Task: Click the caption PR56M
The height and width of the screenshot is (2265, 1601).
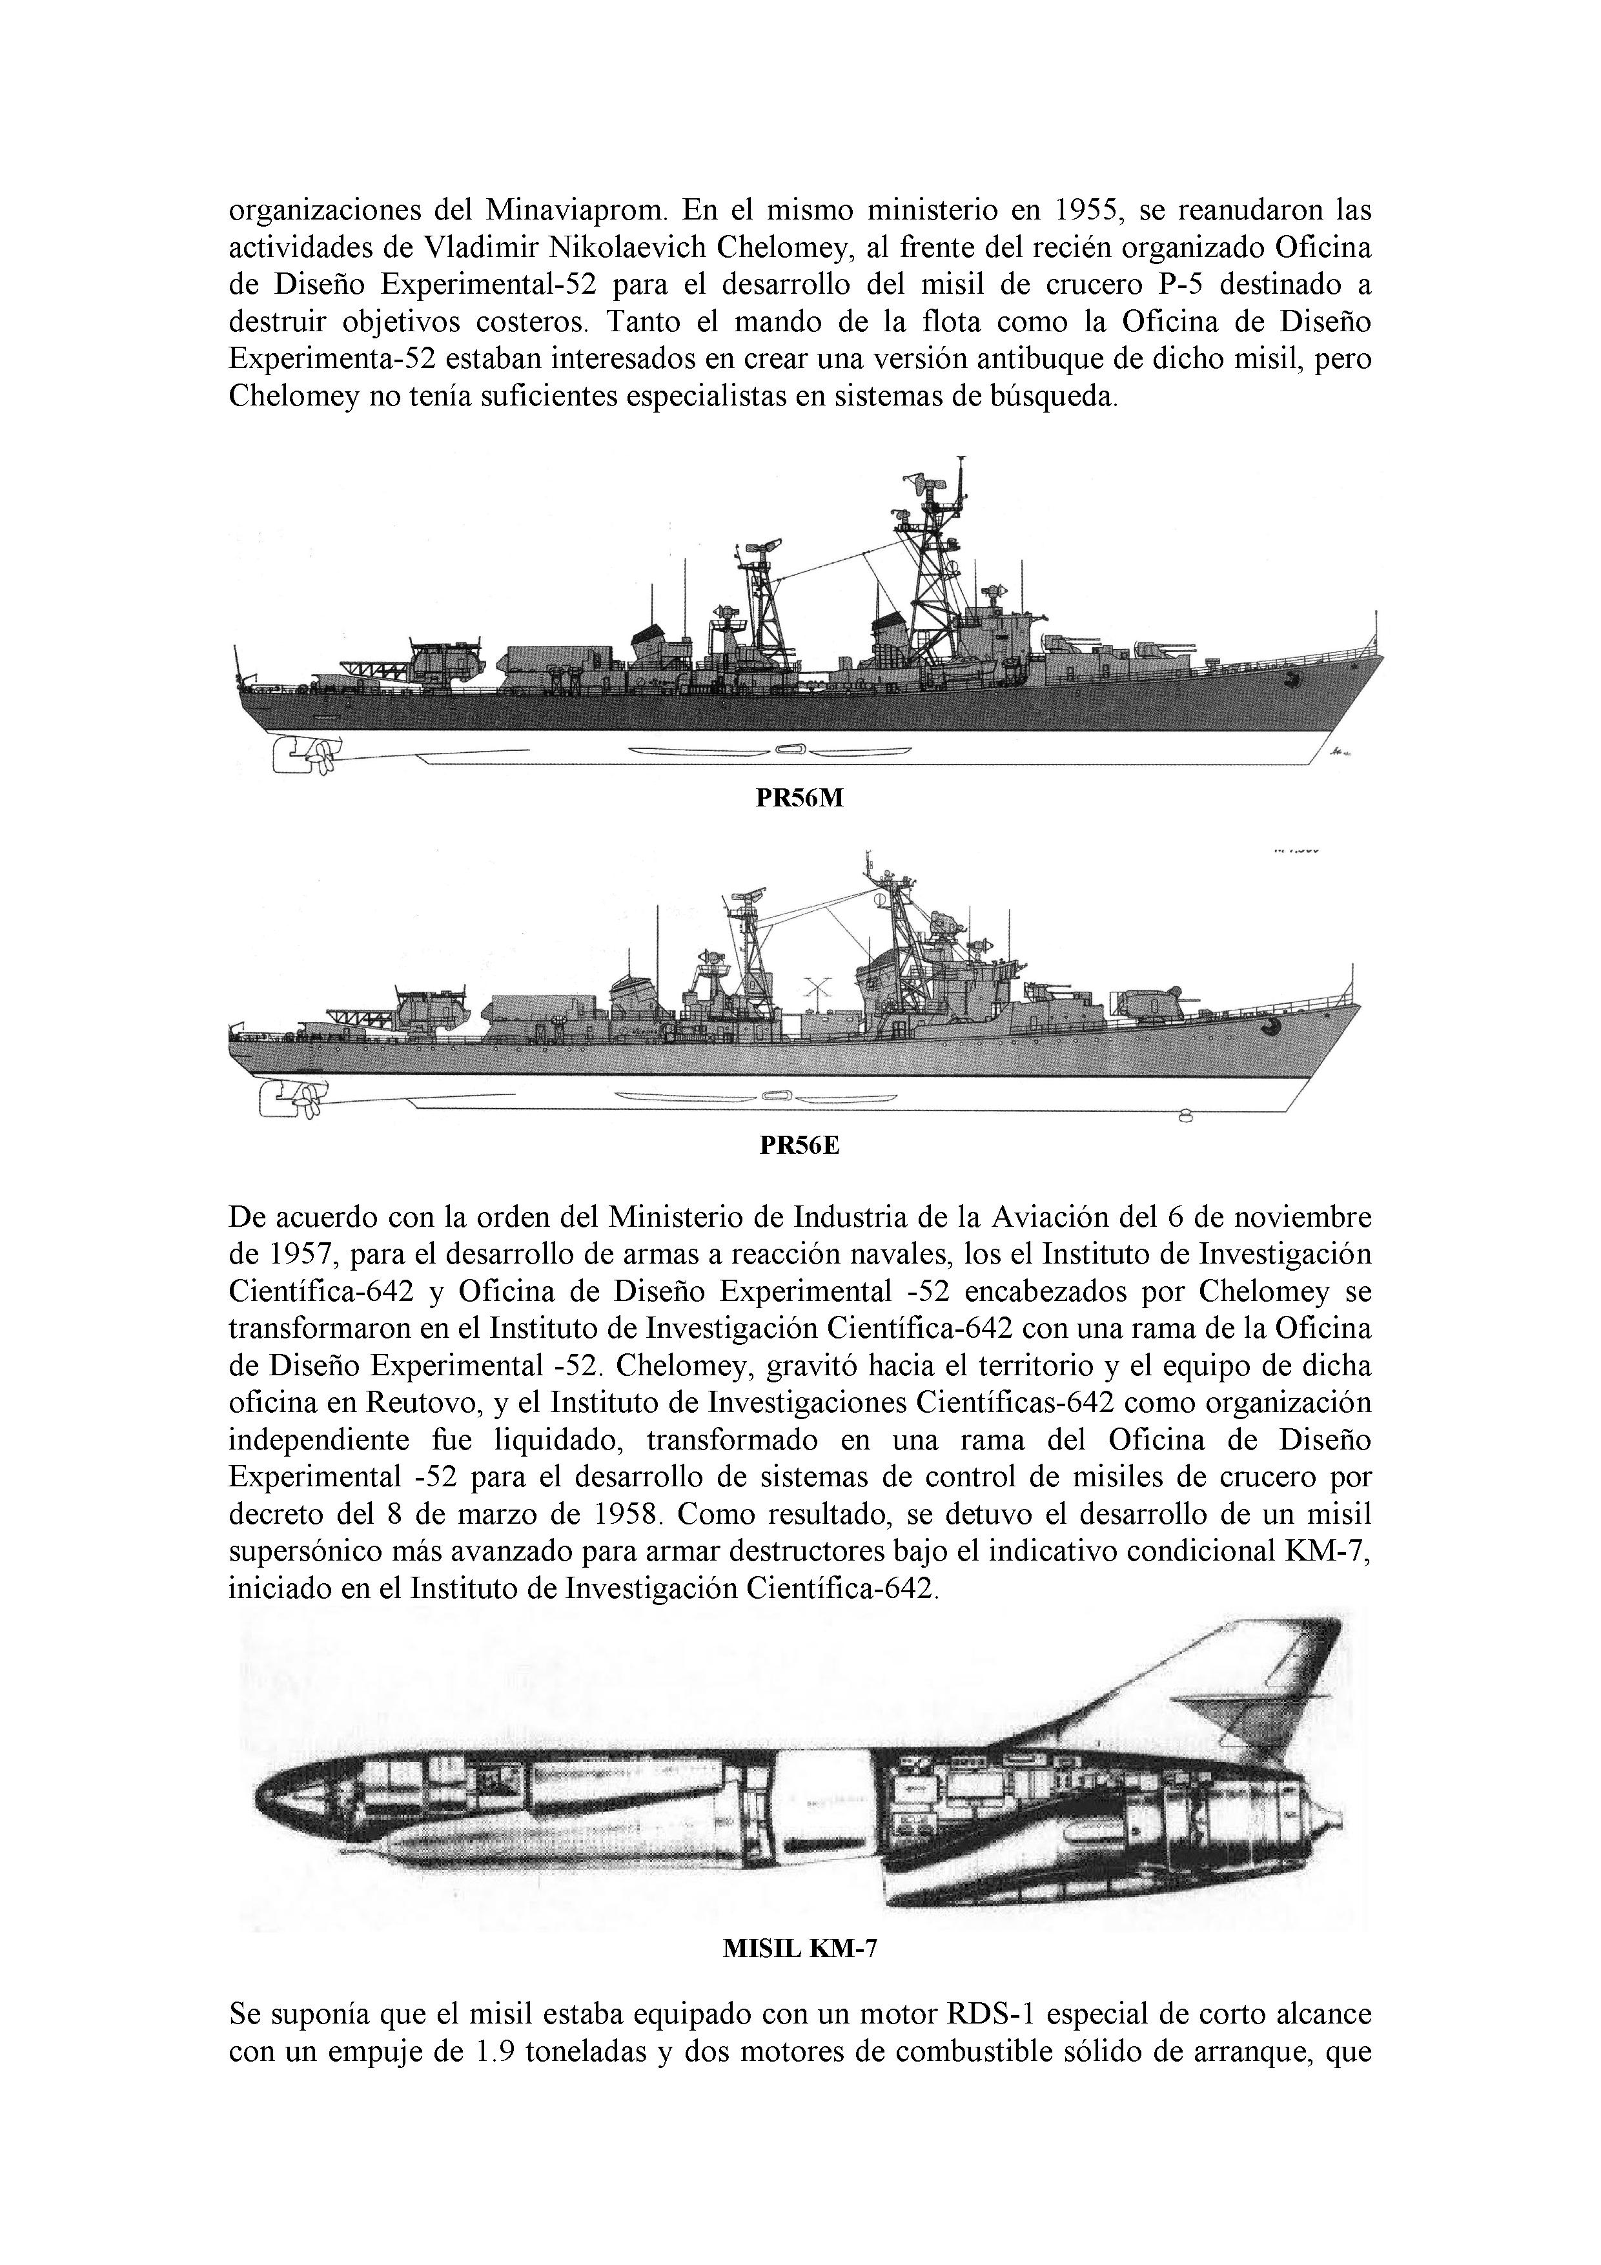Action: pos(799,799)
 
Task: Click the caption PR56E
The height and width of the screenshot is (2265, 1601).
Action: pos(799,1146)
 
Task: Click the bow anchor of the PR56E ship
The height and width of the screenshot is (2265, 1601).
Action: pos(1272,1029)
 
